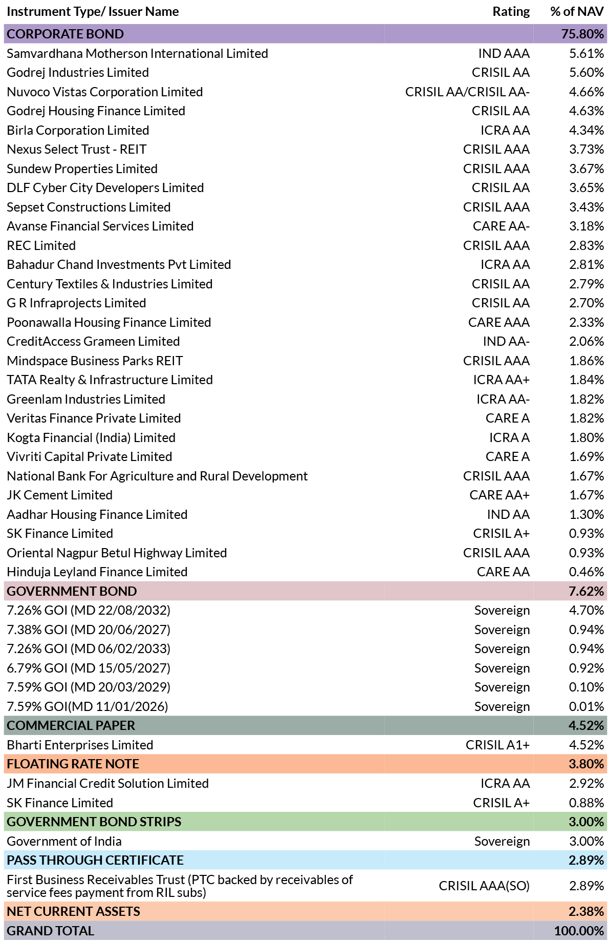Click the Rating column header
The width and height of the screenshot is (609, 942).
point(511,12)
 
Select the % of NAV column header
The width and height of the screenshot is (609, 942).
point(577,12)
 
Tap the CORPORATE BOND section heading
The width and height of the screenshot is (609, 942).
point(66,34)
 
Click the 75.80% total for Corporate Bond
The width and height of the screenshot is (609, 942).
point(582,34)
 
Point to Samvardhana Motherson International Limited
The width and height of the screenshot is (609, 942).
point(137,53)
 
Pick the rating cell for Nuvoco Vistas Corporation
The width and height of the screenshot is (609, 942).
point(467,92)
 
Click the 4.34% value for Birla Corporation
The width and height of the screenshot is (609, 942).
point(586,130)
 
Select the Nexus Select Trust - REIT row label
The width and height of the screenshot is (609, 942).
point(77,149)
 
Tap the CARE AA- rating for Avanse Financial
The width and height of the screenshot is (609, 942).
point(501,226)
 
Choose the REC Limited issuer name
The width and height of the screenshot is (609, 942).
point(41,245)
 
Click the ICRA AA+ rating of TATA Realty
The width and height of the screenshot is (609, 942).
point(501,380)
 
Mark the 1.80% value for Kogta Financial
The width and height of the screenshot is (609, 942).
point(586,437)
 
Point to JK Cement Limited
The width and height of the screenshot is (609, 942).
point(59,495)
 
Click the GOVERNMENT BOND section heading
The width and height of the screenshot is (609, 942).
point(72,591)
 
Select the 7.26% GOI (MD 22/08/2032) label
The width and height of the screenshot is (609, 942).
point(89,610)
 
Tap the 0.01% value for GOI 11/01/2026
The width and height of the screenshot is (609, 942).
point(586,706)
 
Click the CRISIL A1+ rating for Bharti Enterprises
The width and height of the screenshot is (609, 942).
point(497,745)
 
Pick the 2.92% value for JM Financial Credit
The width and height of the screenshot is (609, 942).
point(586,783)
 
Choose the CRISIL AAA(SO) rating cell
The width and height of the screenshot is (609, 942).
point(484,886)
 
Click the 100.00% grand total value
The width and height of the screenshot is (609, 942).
point(579,931)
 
